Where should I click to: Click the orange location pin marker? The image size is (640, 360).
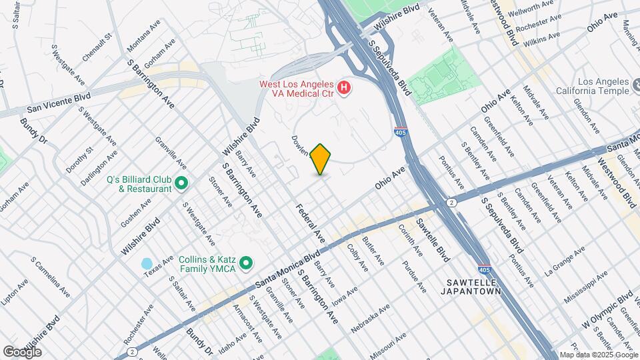click(x=321, y=159)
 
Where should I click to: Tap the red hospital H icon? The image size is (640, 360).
click(x=344, y=87)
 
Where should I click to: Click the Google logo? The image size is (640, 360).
click(x=22, y=351)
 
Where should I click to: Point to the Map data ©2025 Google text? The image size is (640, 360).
click(x=598, y=355)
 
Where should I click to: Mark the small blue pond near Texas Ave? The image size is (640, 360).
click(x=147, y=263)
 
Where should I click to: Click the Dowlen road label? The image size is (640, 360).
click(x=300, y=145)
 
